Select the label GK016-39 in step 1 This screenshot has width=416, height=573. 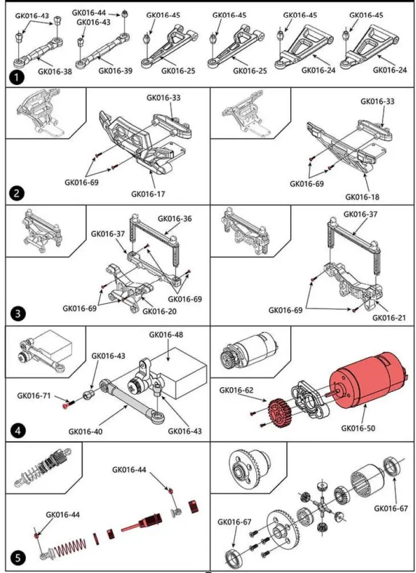(116, 70)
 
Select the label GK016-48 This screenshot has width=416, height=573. (167, 335)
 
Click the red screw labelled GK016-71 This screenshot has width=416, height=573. (65, 405)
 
